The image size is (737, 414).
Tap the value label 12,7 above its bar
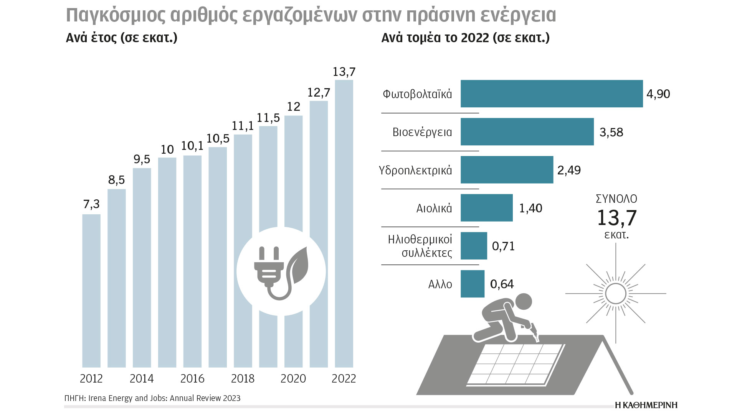click(319, 92)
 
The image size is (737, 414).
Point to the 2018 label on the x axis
click(243, 379)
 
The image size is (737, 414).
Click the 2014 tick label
click(142, 379)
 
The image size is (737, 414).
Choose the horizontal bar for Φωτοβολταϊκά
click(552, 94)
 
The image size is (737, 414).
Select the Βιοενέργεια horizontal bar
click(527, 132)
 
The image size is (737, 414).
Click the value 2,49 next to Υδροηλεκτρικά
click(569, 170)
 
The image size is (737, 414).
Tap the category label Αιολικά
click(434, 208)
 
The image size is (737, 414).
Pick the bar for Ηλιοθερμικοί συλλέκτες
click(474, 246)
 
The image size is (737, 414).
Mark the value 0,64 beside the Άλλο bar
click(502, 284)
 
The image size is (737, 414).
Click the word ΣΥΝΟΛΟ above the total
click(616, 199)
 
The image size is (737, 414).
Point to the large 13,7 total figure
click(616, 218)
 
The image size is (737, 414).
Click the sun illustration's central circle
click(616, 294)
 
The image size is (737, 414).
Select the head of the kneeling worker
click(523, 302)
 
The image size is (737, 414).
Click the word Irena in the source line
click(97, 398)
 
